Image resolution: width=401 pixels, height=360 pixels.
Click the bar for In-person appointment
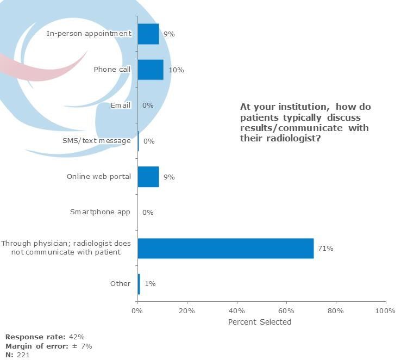click(148, 34)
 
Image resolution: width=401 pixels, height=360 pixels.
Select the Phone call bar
click(151, 70)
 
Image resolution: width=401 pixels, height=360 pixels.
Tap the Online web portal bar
click(148, 177)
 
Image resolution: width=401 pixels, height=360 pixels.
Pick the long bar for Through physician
click(225, 248)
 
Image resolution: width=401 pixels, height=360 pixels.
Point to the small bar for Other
click(139, 284)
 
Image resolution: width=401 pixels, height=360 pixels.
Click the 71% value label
click(326, 249)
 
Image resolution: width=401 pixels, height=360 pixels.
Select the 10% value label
click(176, 70)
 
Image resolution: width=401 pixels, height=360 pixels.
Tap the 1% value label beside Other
click(150, 284)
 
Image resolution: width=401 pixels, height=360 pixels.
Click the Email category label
click(121, 105)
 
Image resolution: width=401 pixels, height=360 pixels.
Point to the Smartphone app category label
click(101, 212)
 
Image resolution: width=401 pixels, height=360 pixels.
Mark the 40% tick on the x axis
click(237, 311)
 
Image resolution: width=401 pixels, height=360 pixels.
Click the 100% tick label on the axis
click(385, 311)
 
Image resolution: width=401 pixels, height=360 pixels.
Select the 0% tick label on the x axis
click(137, 311)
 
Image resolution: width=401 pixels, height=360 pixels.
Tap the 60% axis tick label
click(286, 311)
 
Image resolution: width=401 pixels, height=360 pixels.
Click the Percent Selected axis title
click(260, 322)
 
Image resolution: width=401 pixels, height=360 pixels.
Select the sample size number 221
click(23, 355)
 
